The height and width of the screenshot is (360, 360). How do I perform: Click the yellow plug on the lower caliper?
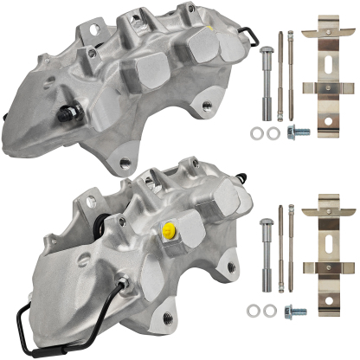[x=169, y=230]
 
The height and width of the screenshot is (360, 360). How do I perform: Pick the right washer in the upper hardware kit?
[x=273, y=133]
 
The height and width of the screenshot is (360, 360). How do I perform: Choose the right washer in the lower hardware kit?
[x=273, y=310]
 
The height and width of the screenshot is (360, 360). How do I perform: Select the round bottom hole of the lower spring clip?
[x=329, y=292]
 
